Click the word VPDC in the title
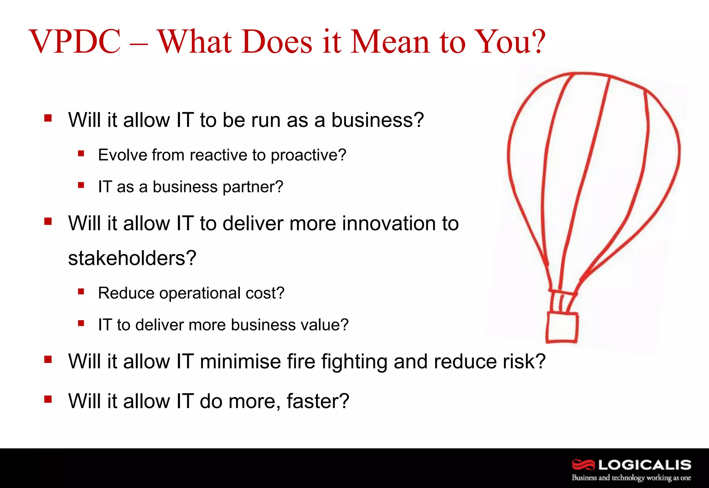75,42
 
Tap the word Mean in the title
391,42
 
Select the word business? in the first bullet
377,120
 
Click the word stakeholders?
132,259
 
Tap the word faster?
318,401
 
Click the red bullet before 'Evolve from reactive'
81,153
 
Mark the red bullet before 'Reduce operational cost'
81,291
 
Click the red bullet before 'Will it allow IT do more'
48,400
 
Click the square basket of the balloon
562,328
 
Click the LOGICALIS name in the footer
645,464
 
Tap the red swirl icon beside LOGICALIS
583,464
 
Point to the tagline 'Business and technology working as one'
631,478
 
